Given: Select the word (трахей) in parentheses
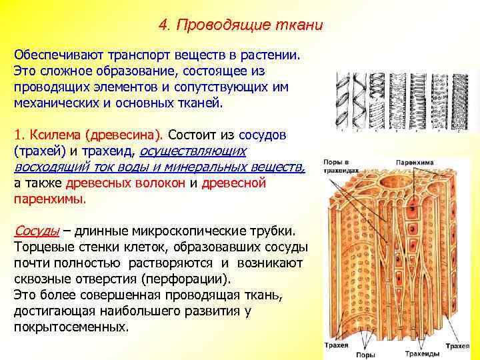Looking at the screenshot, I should pos(37,152).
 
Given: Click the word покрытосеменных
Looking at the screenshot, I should pos(71,327).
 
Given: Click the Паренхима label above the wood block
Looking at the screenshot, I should pos(414,162).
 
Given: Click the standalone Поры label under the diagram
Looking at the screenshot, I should pos(365,353).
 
